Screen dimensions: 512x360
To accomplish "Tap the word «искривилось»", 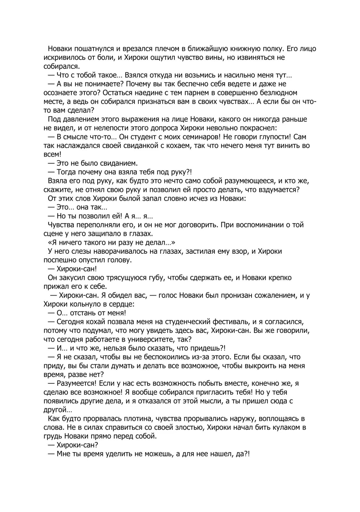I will tap(63, 58).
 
